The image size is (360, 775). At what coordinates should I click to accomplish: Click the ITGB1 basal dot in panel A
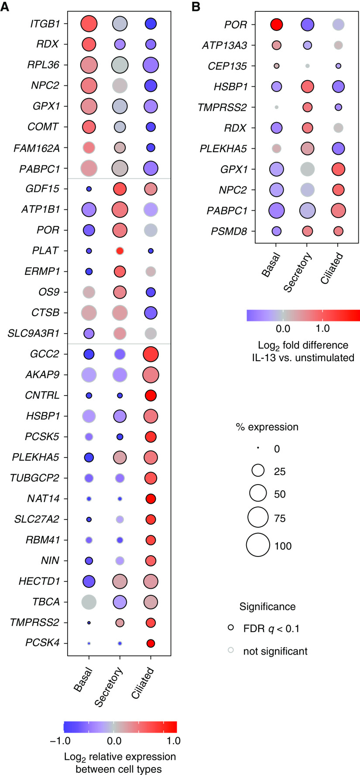(89, 24)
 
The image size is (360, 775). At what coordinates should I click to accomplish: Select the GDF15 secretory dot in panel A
(120, 189)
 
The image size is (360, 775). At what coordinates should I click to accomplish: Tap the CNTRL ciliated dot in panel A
(151, 396)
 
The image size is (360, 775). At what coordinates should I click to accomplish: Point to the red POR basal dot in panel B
(276, 25)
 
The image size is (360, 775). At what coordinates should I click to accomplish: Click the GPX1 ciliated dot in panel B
(338, 169)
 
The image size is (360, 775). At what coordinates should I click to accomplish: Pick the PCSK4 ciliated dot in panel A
(151, 643)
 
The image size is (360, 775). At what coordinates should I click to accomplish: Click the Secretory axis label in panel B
(298, 273)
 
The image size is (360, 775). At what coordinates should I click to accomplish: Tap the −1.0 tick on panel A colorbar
(72, 740)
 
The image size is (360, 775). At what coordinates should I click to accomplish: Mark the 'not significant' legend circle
(231, 650)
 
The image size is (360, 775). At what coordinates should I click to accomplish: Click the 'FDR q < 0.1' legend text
(271, 628)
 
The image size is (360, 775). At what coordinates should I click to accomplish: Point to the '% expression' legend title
(267, 427)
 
